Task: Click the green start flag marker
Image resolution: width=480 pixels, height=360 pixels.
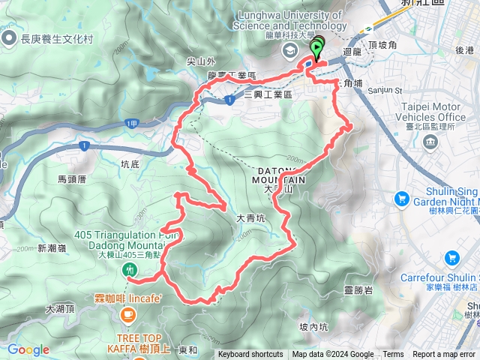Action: click(x=316, y=49)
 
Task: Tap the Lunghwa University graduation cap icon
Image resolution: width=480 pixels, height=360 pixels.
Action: click(x=289, y=50)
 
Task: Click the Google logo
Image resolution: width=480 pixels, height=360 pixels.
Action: click(x=28, y=349)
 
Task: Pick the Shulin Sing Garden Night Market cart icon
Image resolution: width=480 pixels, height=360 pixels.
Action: click(x=401, y=199)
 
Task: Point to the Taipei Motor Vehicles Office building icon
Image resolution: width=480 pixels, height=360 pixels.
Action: click(x=430, y=142)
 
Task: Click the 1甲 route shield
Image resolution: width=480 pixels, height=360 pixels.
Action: click(x=133, y=122)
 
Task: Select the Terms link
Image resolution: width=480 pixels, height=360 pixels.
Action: click(x=393, y=355)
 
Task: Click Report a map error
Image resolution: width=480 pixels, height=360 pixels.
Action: click(x=445, y=355)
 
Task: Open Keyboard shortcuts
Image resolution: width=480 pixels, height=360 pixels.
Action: click(x=250, y=355)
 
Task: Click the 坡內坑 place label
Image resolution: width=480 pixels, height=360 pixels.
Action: click(x=313, y=326)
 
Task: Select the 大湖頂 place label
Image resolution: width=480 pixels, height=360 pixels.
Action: click(x=60, y=308)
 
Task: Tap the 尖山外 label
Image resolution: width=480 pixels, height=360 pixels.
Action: click(x=201, y=62)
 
